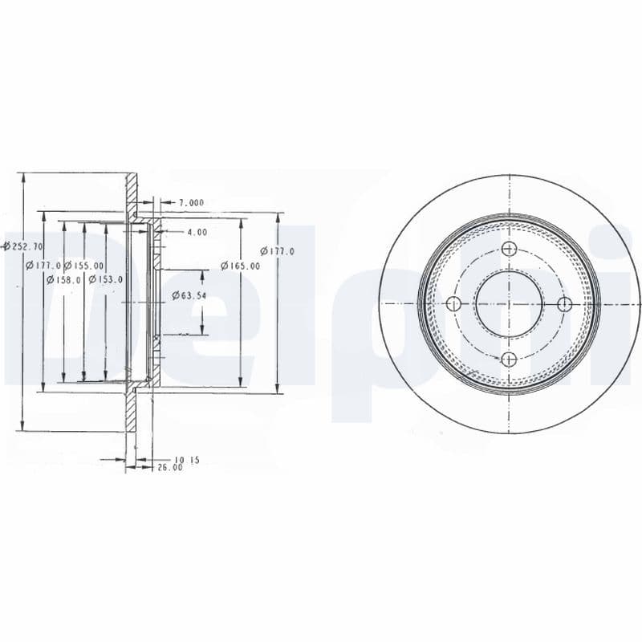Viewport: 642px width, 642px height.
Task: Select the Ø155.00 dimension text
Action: (x=84, y=266)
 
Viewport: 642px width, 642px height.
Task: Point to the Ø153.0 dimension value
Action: (x=105, y=279)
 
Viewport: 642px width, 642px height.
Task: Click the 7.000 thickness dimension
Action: (x=190, y=202)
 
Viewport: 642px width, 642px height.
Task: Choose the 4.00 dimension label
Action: (x=197, y=232)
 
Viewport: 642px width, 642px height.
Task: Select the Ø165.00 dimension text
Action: (x=241, y=266)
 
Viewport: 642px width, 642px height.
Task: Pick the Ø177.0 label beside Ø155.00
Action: (x=43, y=266)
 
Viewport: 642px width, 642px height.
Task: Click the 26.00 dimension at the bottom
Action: (x=170, y=466)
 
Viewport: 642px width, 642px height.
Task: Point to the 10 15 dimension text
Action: (x=185, y=459)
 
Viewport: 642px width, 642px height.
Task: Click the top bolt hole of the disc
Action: (x=508, y=249)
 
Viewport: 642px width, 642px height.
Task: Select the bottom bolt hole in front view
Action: (x=508, y=359)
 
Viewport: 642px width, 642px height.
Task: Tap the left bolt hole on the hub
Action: (x=453, y=303)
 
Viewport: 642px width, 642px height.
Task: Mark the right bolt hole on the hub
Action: (x=563, y=303)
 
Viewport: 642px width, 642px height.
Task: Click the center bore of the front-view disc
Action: (x=508, y=303)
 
